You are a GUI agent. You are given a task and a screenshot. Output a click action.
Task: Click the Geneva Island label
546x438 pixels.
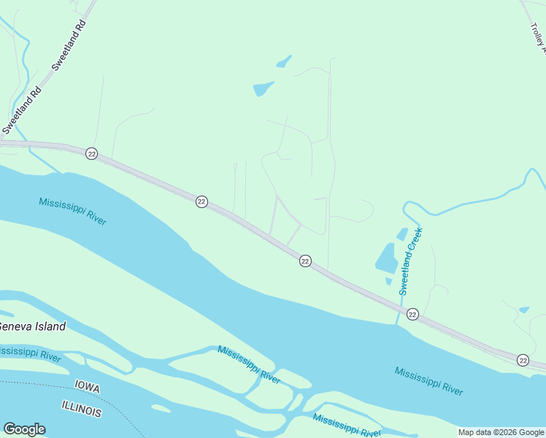pyautogui.click(x=33, y=326)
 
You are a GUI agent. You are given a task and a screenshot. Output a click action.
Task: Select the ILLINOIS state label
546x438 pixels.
pyautogui.click(x=81, y=409)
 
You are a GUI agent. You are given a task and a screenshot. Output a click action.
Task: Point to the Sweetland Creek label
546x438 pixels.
pyautogui.click(x=411, y=261)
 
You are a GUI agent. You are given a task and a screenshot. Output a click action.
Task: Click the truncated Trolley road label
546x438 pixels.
pyautogui.click(x=537, y=38)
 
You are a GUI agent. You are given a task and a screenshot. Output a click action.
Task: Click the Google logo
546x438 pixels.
pyautogui.click(x=24, y=429)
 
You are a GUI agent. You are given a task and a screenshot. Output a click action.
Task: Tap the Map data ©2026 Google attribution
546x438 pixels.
pyautogui.click(x=501, y=432)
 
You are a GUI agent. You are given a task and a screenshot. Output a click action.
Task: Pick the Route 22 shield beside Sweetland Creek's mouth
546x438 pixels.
pyautogui.click(x=412, y=314)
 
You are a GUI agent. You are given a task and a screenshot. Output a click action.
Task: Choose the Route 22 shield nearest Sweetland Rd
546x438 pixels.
pyautogui.click(x=91, y=153)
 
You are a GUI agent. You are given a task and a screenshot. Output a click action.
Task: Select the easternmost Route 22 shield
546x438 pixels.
pyautogui.click(x=523, y=360)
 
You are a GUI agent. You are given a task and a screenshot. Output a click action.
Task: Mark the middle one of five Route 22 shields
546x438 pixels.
pyautogui.click(x=305, y=261)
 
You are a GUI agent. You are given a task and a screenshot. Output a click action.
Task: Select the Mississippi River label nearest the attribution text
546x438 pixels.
pyautogui.click(x=428, y=380)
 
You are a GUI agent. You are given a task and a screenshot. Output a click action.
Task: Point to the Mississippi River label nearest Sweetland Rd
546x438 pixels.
pyautogui.click(x=73, y=211)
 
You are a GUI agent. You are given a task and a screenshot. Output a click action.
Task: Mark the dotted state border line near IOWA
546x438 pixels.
pyautogui.click(x=44, y=384)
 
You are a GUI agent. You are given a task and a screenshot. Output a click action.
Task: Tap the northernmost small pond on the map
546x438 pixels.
pyautogui.click(x=284, y=61)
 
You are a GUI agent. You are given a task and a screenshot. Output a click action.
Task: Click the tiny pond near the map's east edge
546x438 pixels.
pyautogui.click(x=523, y=310)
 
